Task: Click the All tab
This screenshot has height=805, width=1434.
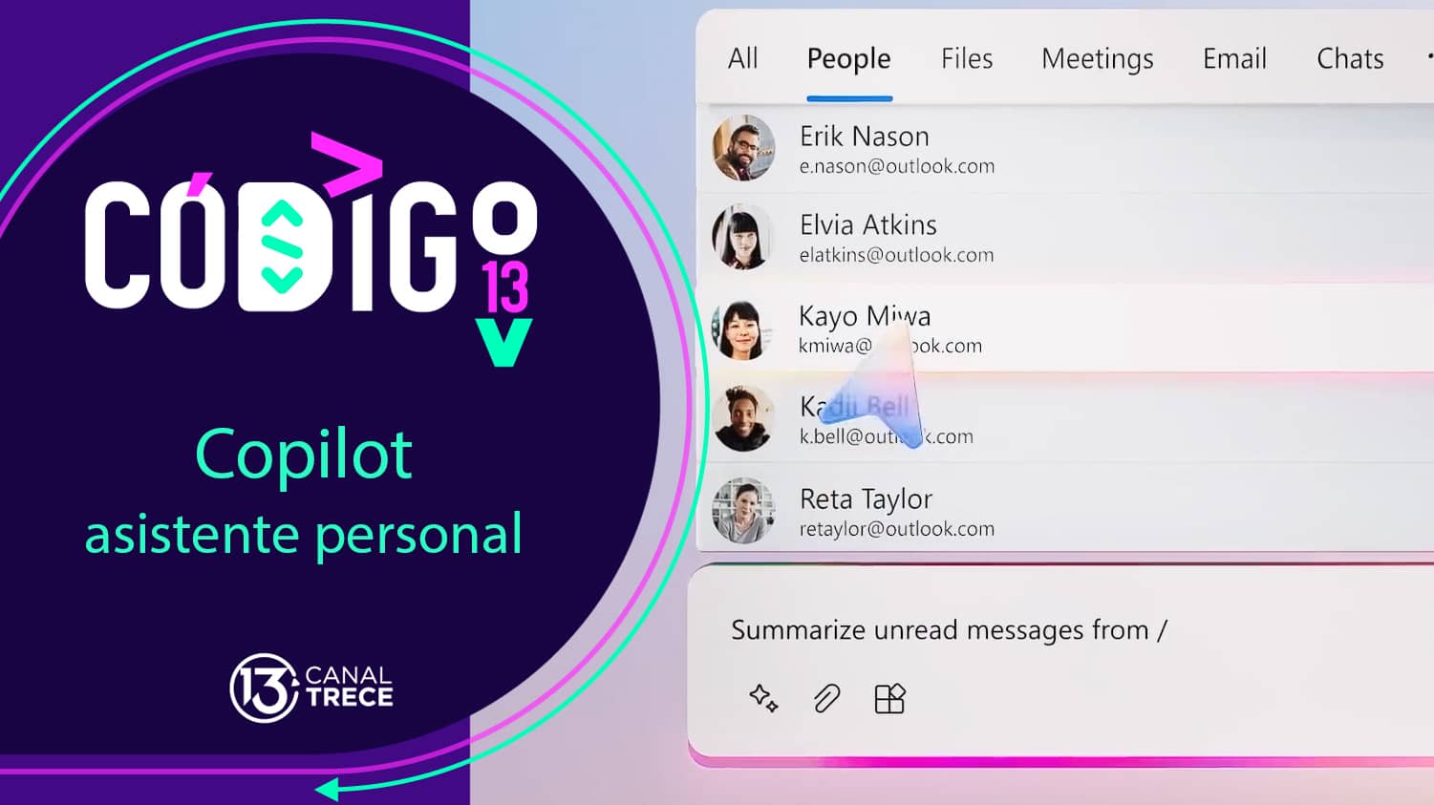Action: tap(742, 59)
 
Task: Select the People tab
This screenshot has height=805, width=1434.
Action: tap(848, 59)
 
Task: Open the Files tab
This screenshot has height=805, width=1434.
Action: tap(966, 59)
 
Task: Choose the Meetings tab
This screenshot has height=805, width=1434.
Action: tap(1097, 59)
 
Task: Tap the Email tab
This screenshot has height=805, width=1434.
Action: tap(1234, 59)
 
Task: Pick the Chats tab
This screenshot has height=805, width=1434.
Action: tap(1349, 59)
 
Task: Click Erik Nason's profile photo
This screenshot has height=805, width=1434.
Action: tap(743, 148)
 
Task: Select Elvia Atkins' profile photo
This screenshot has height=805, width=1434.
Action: tap(742, 237)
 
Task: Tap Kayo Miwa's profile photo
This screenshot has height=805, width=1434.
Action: tap(742, 329)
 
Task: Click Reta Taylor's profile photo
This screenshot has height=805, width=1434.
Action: tap(743, 511)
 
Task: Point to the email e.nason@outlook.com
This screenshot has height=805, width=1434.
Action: tap(896, 167)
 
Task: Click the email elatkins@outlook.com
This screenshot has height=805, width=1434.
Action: tap(896, 256)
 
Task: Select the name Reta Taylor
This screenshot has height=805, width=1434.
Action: tap(866, 499)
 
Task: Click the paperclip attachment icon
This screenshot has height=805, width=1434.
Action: tap(826, 699)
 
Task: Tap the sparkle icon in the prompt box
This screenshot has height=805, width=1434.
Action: tap(763, 699)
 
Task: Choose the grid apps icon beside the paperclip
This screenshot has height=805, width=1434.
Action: tap(889, 699)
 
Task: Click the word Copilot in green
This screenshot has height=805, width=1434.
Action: tap(304, 456)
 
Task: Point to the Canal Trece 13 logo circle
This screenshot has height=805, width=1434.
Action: tap(262, 688)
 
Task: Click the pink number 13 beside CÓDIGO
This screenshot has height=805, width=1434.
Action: tap(504, 287)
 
